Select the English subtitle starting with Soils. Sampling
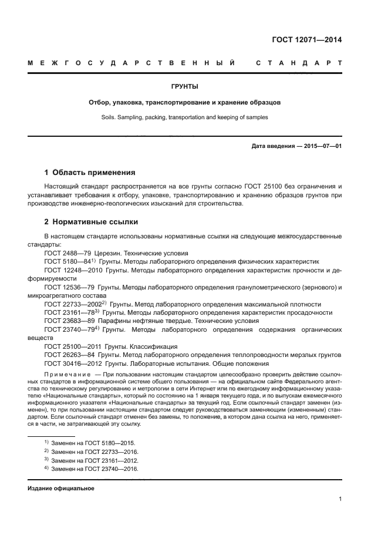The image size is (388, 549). [x=184, y=117]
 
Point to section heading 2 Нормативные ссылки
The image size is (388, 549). [x=91, y=223]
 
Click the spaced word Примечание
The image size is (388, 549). [x=67, y=374]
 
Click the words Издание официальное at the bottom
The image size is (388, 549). [x=61, y=489]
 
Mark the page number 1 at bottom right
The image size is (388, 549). [x=340, y=499]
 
